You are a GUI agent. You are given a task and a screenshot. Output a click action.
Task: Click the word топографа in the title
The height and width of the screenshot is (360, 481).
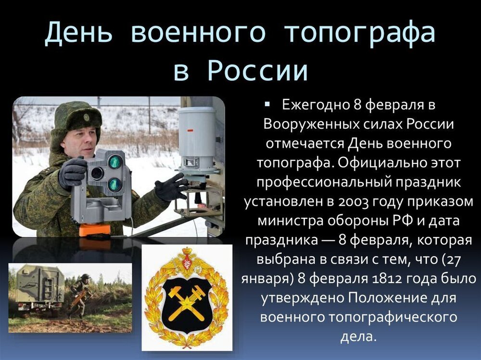(x=359, y=34)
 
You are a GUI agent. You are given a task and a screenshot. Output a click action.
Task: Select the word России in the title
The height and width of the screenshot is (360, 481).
(x=258, y=71)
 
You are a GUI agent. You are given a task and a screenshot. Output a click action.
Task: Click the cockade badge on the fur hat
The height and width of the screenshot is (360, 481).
(x=86, y=117)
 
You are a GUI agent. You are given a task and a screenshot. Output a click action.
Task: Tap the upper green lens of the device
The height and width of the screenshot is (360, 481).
(x=115, y=161)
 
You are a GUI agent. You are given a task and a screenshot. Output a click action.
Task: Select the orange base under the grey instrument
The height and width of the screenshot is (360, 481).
(x=95, y=229)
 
